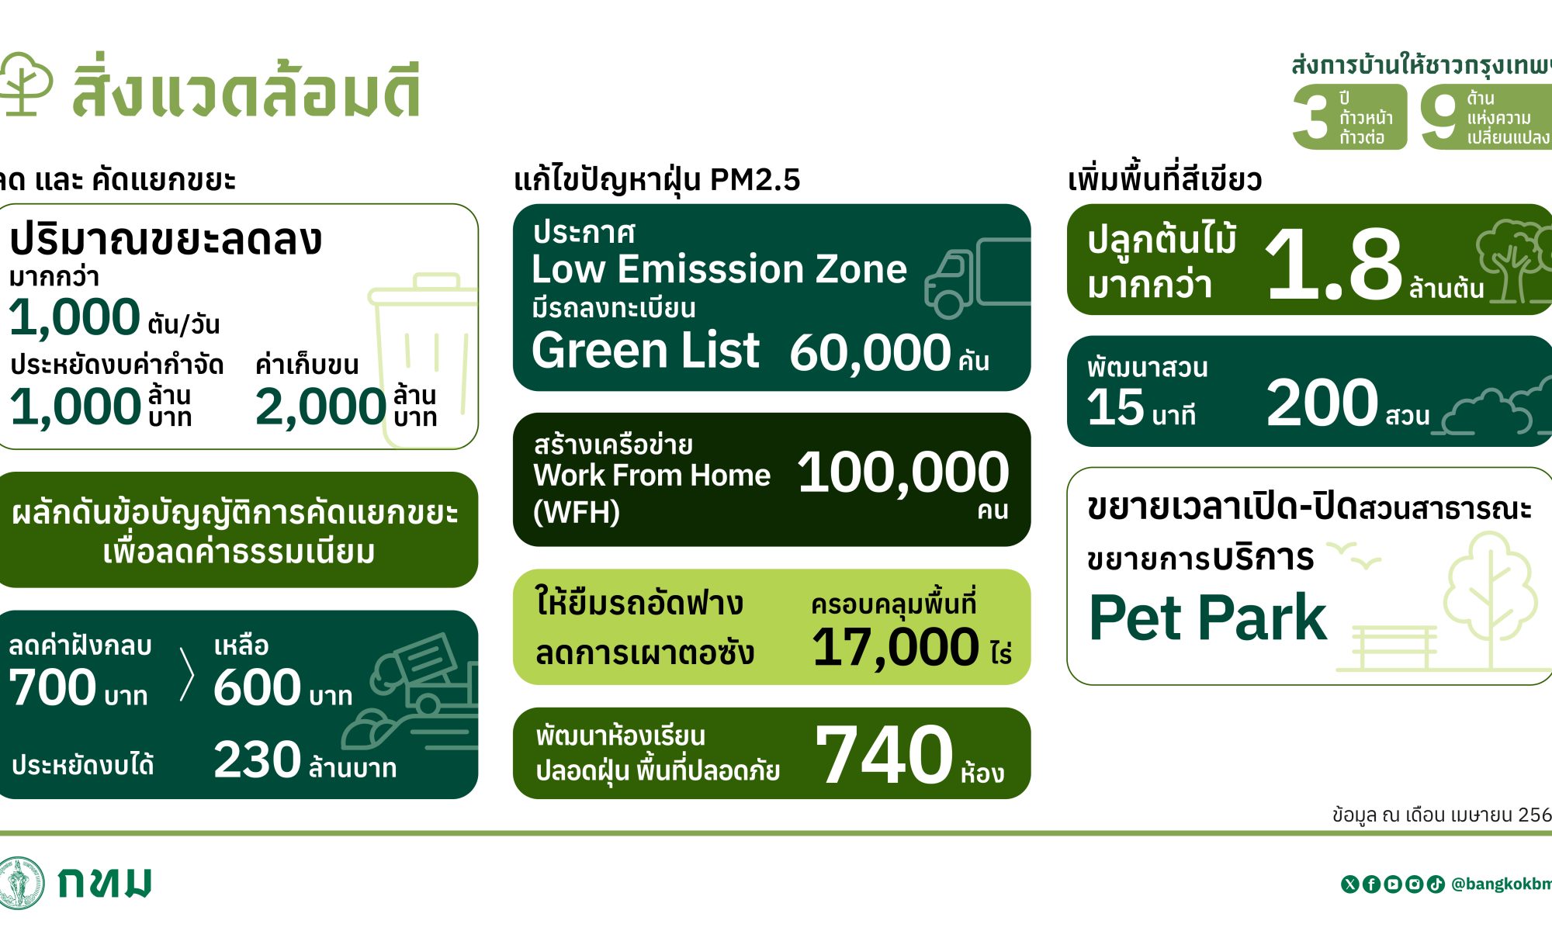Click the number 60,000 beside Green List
[x=870, y=353]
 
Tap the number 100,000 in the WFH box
[x=903, y=472]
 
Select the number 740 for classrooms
[x=884, y=755]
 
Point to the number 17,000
[x=895, y=647]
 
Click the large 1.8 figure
[x=1334, y=265]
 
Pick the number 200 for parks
[x=1322, y=403]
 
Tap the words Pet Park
[x=1207, y=618]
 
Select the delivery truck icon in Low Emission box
[x=978, y=278]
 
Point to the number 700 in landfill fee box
[x=52, y=687]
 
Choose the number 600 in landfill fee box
[x=257, y=687]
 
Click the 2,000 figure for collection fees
[x=320, y=407]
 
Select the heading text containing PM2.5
[x=656, y=180]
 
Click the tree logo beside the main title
[x=25, y=83]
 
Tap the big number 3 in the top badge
[x=1313, y=116]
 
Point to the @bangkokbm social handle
[x=1501, y=884]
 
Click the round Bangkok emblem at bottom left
[x=21, y=882]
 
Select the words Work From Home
[x=652, y=475]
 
